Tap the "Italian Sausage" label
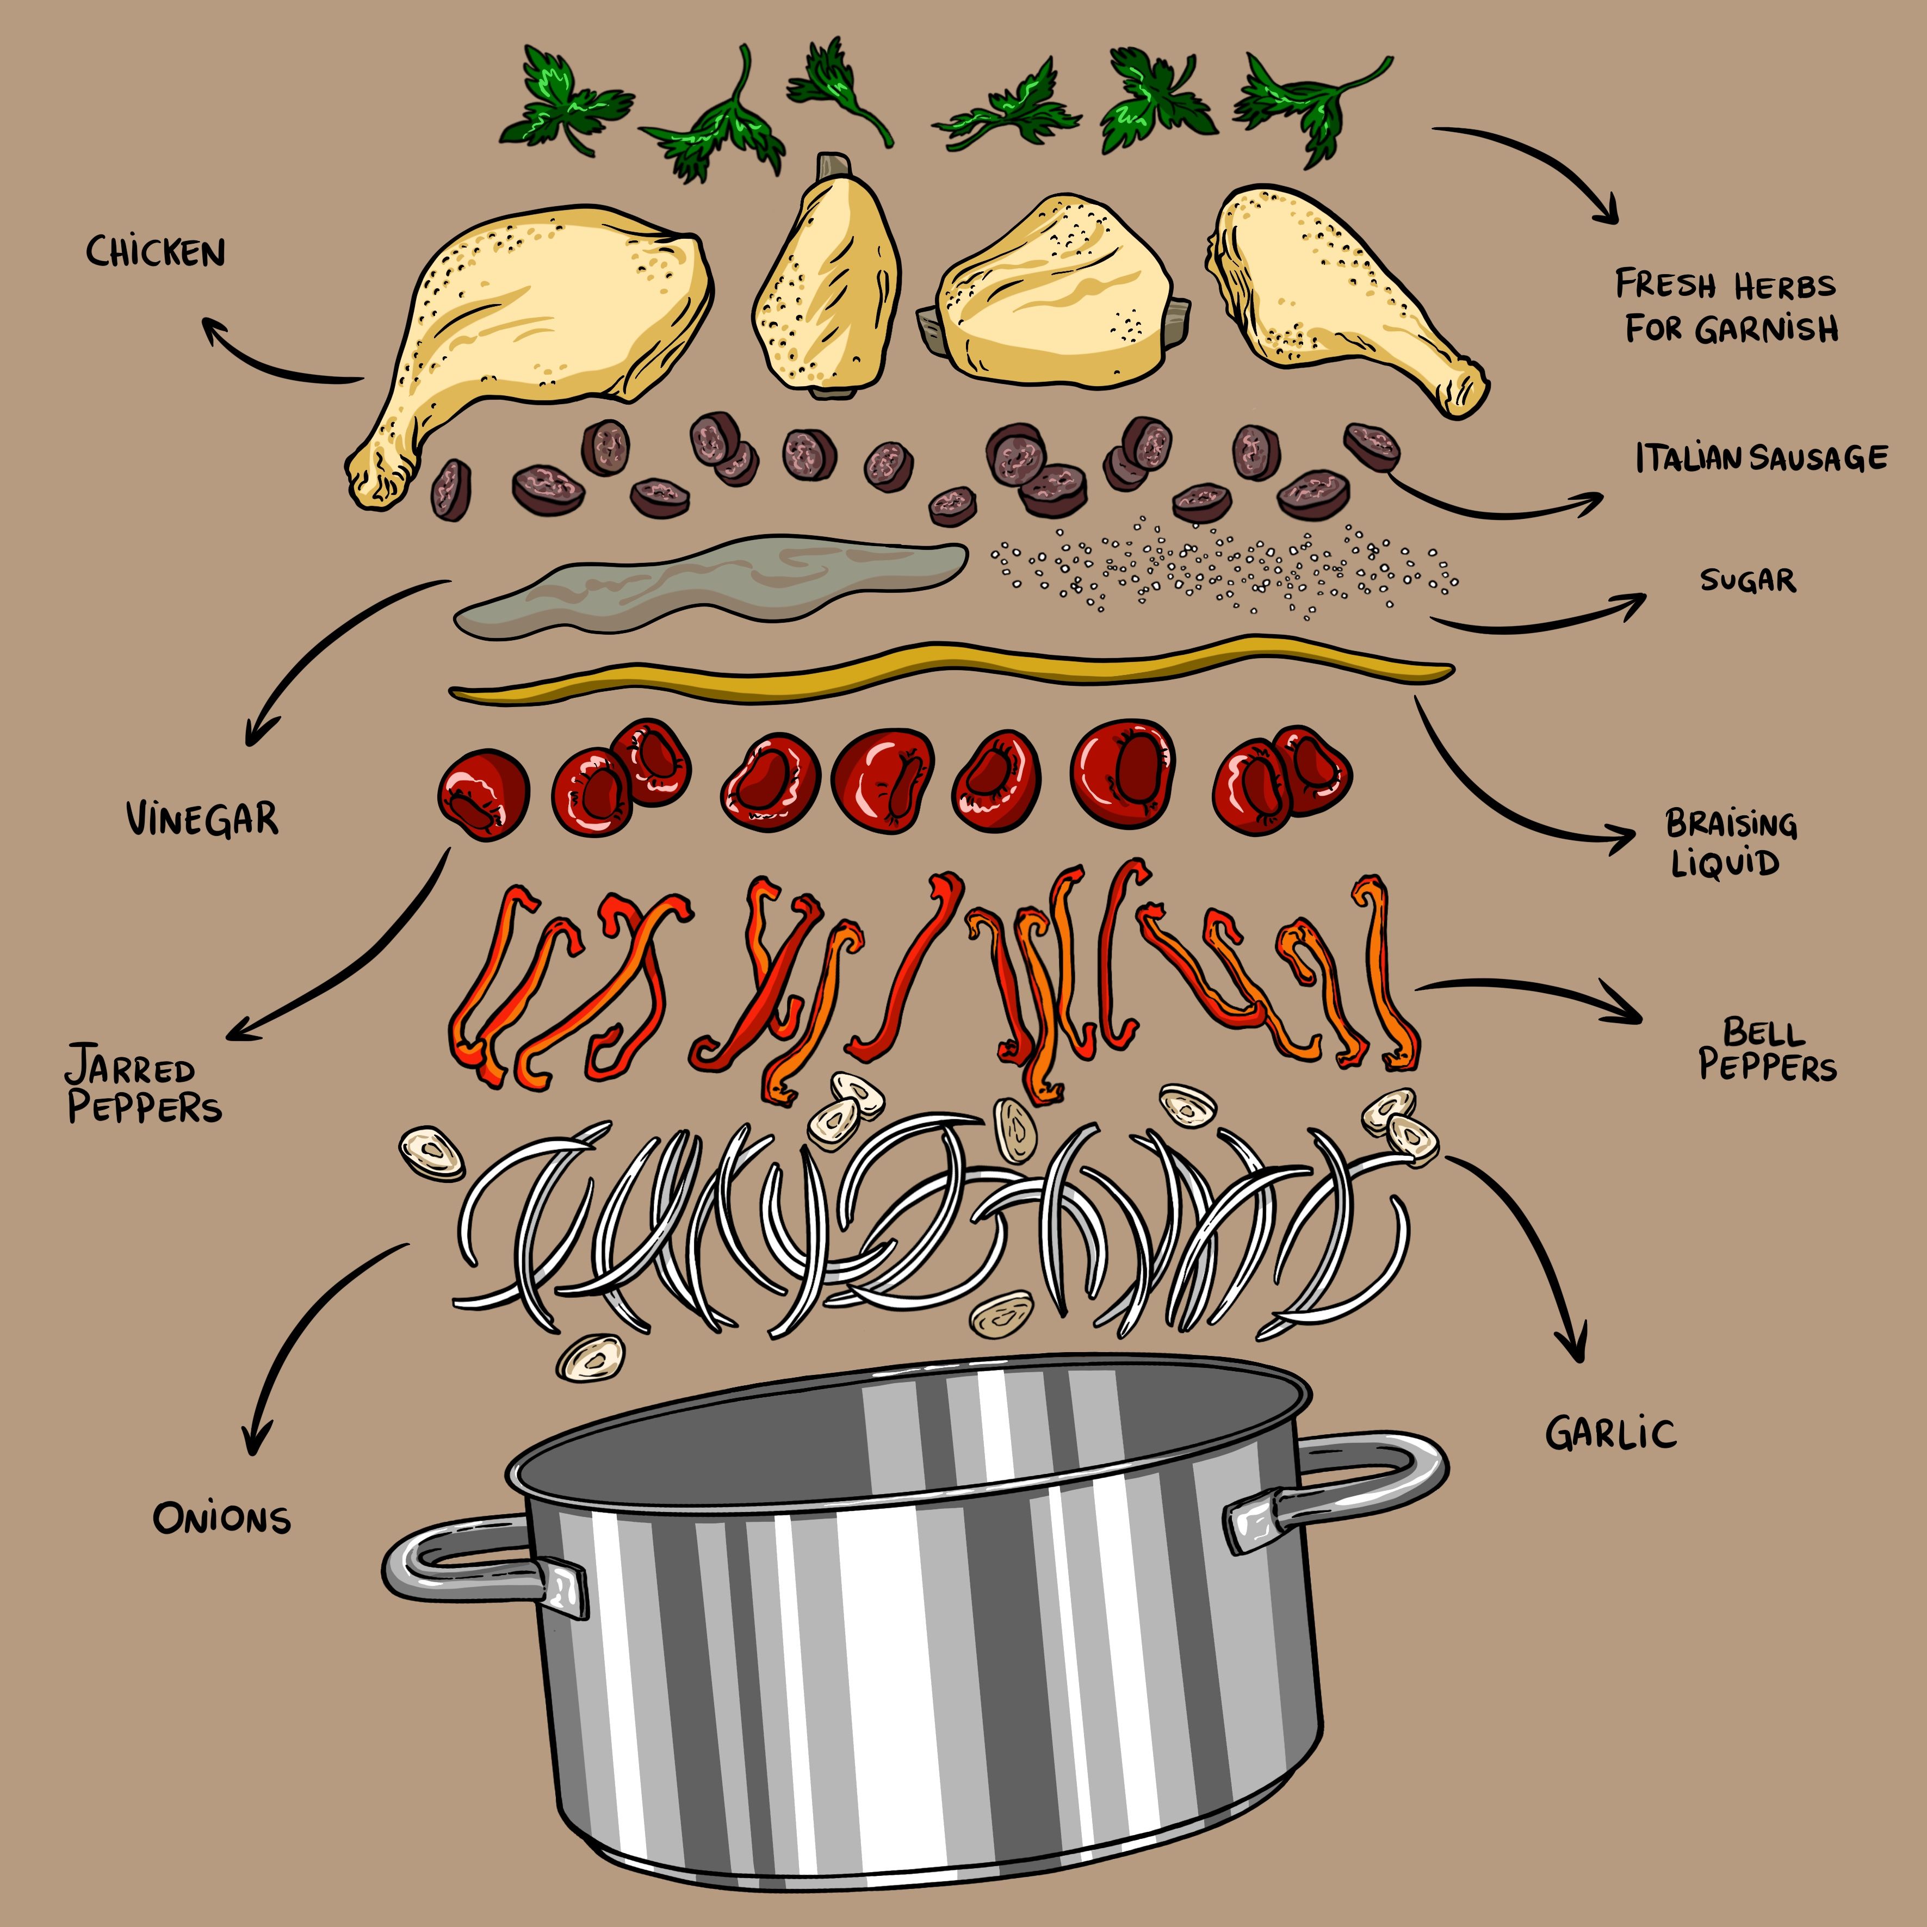tap(1761, 458)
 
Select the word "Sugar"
tap(1748, 580)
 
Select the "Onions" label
tap(221, 1518)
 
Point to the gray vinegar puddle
tap(698, 584)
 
